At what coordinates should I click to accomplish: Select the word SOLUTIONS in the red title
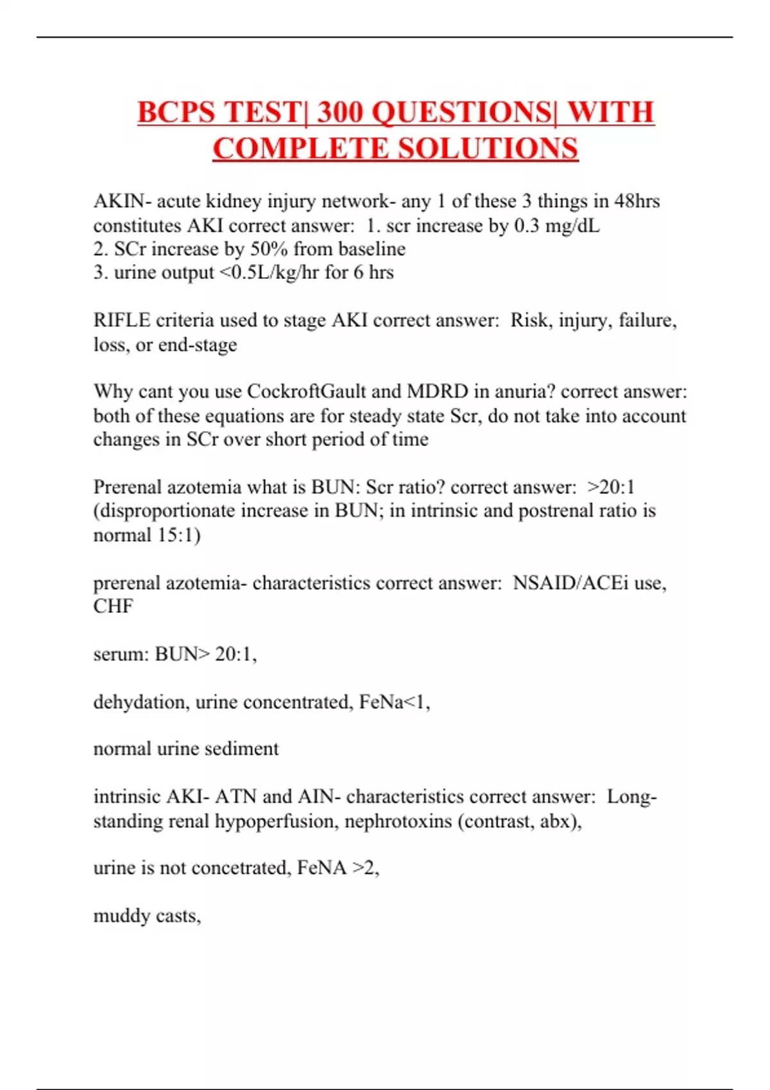tap(488, 149)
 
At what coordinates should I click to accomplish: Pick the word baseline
tap(372, 249)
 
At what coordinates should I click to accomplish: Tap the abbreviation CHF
tap(113, 607)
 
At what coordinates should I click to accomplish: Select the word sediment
tap(244, 749)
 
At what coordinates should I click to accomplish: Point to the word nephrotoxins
tap(398, 821)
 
